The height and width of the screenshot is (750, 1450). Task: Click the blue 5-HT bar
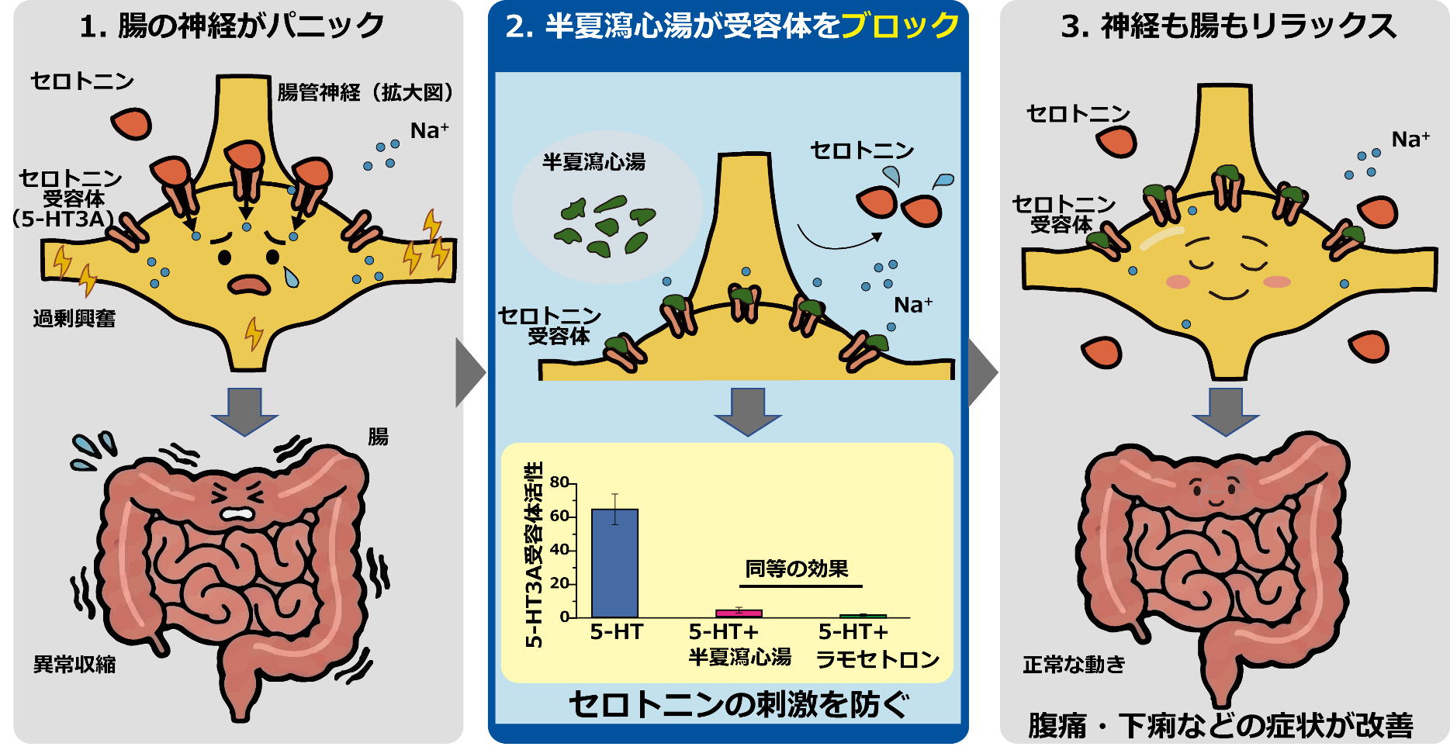click(614, 563)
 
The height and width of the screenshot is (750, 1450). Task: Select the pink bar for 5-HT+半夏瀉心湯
click(739, 613)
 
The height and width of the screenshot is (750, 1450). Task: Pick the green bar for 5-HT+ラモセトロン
click(863, 616)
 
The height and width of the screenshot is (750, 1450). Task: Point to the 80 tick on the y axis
click(559, 482)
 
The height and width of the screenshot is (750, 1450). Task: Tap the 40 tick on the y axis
click(559, 550)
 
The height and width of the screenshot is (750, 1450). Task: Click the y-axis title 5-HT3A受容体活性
click(534, 554)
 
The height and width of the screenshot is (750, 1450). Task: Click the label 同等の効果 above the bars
click(797, 569)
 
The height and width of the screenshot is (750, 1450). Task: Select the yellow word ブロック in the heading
click(900, 26)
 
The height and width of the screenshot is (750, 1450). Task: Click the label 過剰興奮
click(74, 318)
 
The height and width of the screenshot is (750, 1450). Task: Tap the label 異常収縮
click(74, 665)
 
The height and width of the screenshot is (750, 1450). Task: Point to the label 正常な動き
click(1074, 665)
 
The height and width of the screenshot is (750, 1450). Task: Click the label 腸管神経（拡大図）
click(365, 93)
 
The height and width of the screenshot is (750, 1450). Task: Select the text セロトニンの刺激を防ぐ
click(739, 704)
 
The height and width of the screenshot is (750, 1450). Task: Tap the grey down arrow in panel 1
click(245, 412)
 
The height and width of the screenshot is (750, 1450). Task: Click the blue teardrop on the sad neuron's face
click(291, 277)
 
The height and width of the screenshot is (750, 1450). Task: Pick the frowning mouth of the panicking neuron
click(249, 285)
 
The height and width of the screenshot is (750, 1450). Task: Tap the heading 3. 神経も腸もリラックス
click(1229, 26)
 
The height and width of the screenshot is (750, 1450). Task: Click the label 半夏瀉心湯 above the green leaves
click(594, 162)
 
